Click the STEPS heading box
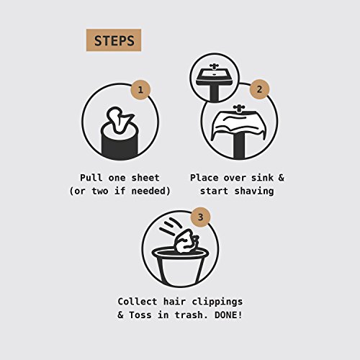pyautogui.click(x=114, y=40)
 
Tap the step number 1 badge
pyautogui.click(x=140, y=90)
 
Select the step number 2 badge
pyautogui.click(x=259, y=89)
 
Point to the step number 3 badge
pyautogui.click(x=201, y=217)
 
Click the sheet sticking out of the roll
pyautogui.click(x=120, y=120)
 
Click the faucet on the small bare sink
pyautogui.click(x=213, y=66)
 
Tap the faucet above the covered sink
pyautogui.click(x=238, y=109)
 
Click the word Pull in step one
pyautogui.click(x=91, y=178)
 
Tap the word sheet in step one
pyautogui.click(x=145, y=178)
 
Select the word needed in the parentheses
pyautogui.click(x=148, y=192)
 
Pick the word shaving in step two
pyautogui.click(x=254, y=192)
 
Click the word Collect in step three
pyautogui.click(x=138, y=302)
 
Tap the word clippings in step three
pyautogui.click(x=217, y=302)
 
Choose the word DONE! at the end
pyautogui.click(x=228, y=315)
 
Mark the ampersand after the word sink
pyautogui.click(x=282, y=178)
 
